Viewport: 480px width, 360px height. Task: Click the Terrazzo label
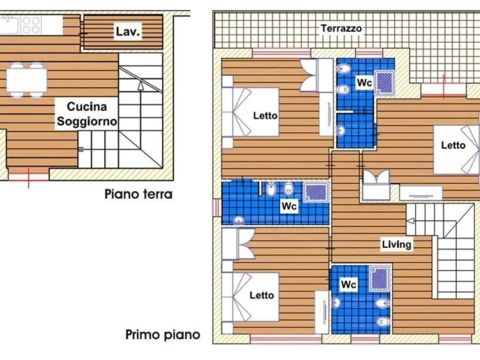(341, 28)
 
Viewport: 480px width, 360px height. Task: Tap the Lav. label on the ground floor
(128, 31)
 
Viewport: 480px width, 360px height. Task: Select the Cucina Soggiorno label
(87, 114)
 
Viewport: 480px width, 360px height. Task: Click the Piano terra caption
(138, 194)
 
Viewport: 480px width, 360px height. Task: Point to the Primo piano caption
(163, 335)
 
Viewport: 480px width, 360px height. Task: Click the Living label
(396, 244)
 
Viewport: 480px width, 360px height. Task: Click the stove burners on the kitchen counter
(31, 25)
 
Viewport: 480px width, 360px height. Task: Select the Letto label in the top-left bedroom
(265, 116)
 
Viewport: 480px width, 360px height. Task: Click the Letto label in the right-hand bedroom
(453, 145)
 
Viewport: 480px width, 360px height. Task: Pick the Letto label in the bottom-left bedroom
(262, 295)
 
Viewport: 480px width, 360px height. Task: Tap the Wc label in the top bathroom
(364, 82)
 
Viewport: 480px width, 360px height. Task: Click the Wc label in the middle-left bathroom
(289, 206)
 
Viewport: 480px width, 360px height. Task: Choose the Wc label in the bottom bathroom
(348, 284)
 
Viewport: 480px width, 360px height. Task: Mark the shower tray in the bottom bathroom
(380, 278)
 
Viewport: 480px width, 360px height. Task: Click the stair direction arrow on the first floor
(410, 221)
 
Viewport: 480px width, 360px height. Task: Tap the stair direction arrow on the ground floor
(140, 86)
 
